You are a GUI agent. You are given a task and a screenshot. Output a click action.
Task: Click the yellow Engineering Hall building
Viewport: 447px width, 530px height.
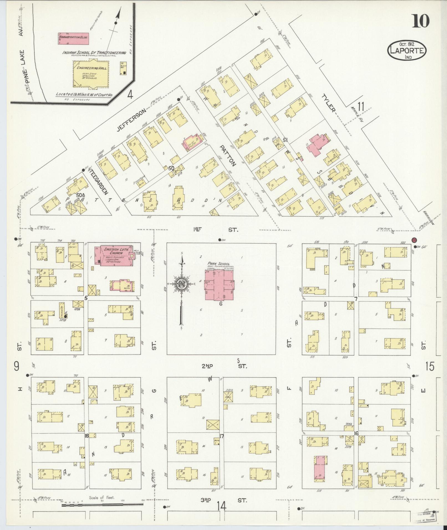tap(90, 75)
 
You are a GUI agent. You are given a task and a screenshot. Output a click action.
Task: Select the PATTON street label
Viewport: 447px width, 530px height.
tap(228, 155)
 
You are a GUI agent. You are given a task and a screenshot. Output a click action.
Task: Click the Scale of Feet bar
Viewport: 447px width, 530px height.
tap(103, 505)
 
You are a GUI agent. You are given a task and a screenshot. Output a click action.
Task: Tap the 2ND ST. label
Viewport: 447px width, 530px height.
tap(223, 366)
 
